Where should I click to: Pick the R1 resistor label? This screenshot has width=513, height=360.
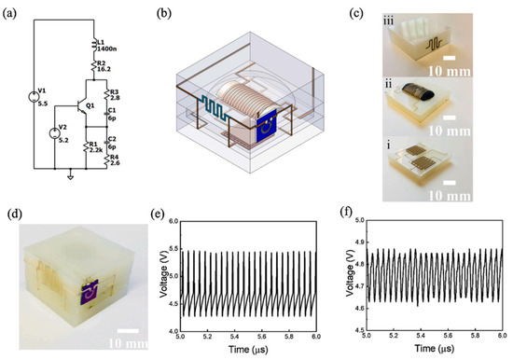[93, 144]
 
